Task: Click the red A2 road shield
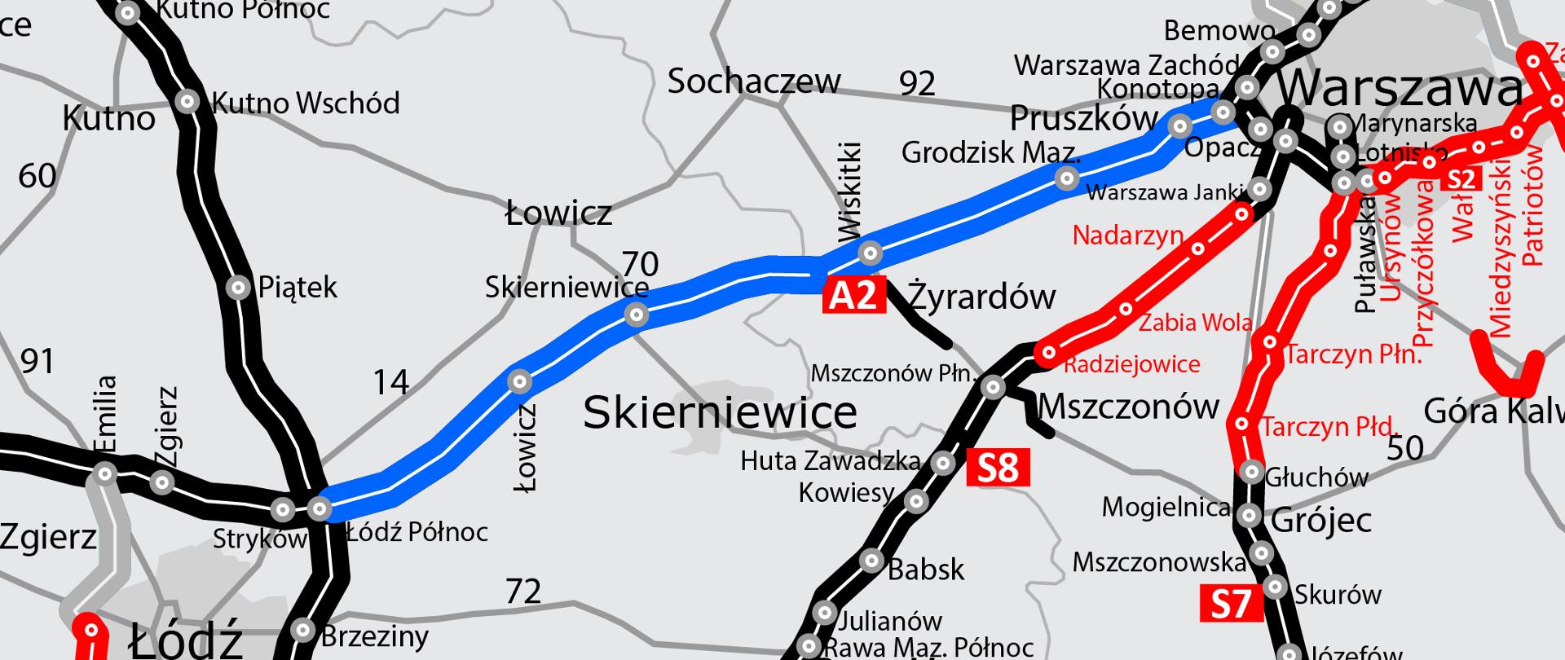(853, 295)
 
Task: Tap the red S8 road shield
(998, 469)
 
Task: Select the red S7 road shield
(1230, 605)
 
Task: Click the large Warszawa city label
(1400, 87)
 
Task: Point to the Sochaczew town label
(754, 81)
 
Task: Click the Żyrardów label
(981, 297)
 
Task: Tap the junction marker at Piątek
(238, 288)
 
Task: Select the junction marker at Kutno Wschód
(188, 102)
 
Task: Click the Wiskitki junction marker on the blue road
(871, 253)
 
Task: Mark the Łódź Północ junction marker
(320, 509)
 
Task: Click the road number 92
(917, 84)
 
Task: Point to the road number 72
(523, 592)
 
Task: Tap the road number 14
(390, 382)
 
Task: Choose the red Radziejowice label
(1132, 364)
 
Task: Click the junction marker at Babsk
(872, 561)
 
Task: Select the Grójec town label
(1321, 520)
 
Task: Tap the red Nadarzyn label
(1127, 235)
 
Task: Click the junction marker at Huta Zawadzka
(943, 464)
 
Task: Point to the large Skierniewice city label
(720, 412)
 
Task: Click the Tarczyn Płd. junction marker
(1242, 424)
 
